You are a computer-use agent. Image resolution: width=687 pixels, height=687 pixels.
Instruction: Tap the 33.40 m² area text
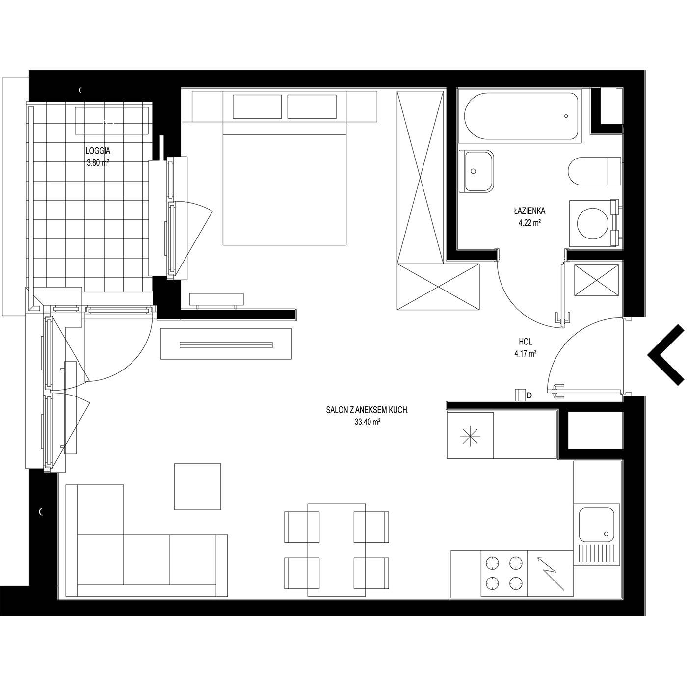(367, 423)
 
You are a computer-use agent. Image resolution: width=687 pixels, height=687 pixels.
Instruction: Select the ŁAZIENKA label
(530, 211)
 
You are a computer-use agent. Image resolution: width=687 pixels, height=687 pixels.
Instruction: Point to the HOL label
(526, 342)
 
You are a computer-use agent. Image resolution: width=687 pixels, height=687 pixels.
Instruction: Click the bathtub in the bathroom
(521, 116)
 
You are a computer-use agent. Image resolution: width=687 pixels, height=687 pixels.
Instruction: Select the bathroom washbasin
(476, 171)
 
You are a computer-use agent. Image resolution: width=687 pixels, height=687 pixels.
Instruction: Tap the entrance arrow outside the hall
(666, 355)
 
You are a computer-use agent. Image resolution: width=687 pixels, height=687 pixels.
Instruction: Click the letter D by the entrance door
(529, 396)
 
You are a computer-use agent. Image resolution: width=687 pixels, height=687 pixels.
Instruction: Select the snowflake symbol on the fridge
(470, 436)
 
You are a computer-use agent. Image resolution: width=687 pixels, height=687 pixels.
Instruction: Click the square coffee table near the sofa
(197, 487)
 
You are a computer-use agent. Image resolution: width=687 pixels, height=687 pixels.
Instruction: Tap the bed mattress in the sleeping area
(285, 190)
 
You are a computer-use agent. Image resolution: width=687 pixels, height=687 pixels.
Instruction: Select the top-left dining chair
(302, 527)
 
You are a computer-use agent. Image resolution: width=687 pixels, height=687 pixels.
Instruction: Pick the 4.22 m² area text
(528, 223)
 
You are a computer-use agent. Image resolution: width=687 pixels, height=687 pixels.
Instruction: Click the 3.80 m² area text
(98, 163)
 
